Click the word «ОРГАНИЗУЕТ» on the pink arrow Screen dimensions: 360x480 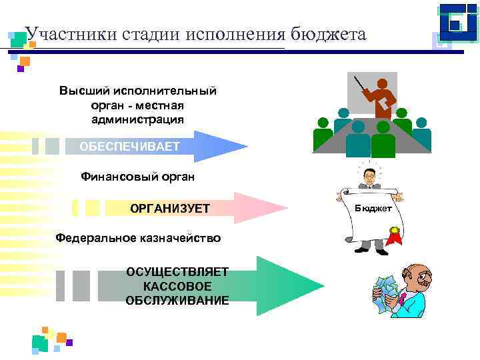click(x=170, y=209)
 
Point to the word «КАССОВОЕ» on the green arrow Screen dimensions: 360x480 click(x=177, y=286)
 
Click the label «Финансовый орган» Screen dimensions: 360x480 click(x=138, y=177)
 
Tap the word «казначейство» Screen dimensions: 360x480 click(x=180, y=238)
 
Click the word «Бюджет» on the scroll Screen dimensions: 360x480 click(x=373, y=208)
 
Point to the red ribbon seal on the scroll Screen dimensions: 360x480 click(x=395, y=235)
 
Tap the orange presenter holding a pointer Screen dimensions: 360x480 click(x=382, y=97)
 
